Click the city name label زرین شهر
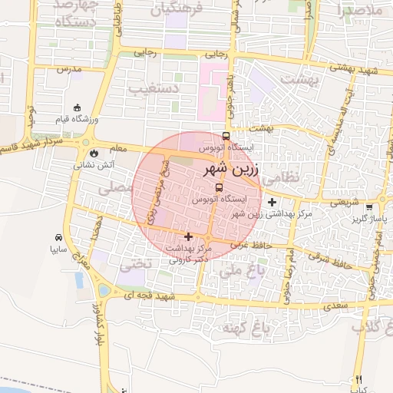point(235,168)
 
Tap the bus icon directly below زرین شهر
point(220,187)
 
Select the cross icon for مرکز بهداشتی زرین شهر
point(272,202)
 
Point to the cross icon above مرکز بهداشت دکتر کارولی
point(189,236)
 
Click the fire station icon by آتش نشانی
point(94,153)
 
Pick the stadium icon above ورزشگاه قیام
point(76,107)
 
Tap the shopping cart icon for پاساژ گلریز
point(369,206)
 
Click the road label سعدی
point(335,305)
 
